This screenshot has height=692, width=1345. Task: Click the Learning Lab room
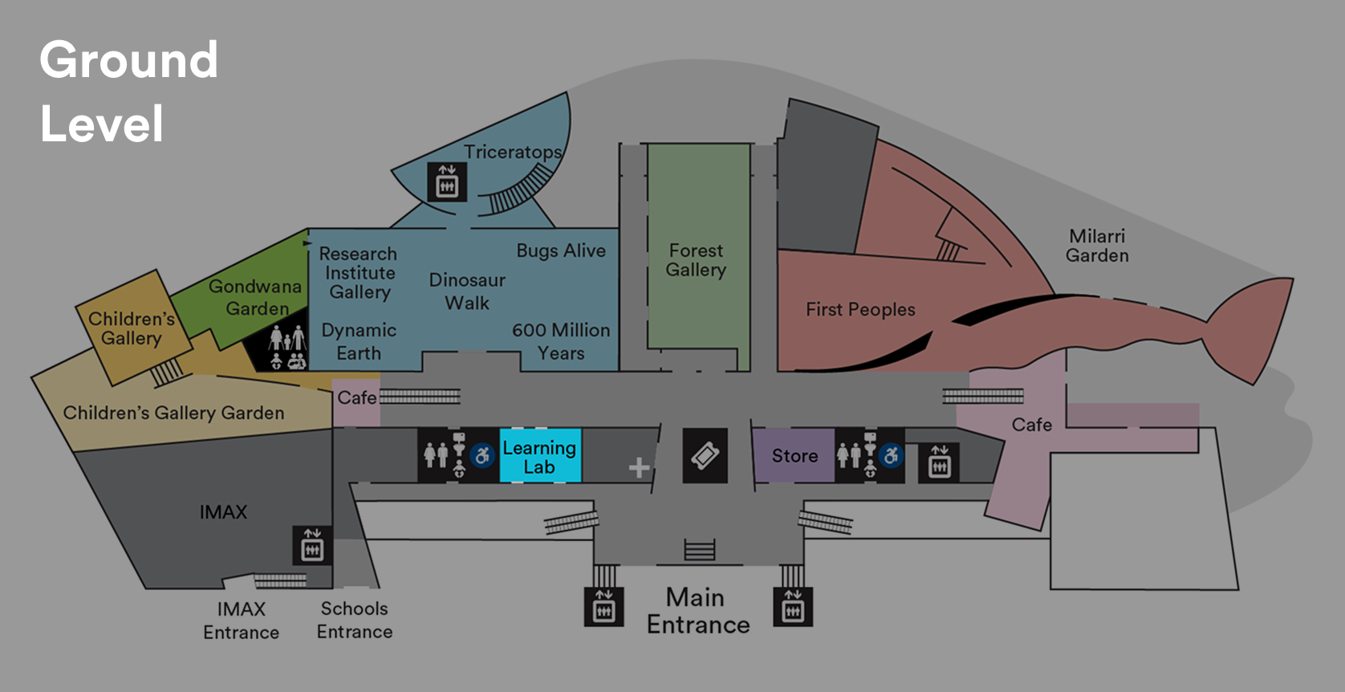(x=539, y=456)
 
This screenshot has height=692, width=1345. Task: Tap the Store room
(x=794, y=456)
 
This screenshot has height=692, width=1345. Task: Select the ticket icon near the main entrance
(x=705, y=456)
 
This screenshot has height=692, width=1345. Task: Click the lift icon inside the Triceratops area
(x=446, y=182)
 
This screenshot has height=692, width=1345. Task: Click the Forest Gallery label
(x=696, y=260)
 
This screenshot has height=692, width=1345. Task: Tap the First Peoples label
(x=860, y=309)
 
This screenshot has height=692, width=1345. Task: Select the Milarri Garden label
(x=1097, y=246)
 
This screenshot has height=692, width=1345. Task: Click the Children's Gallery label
(x=132, y=328)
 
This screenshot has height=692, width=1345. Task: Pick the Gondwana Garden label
(x=255, y=297)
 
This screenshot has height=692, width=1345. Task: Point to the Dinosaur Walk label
(x=467, y=291)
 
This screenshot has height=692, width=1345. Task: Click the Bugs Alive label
(x=561, y=250)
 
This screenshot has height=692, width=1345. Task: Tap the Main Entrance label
(x=697, y=611)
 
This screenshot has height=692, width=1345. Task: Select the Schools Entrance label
(x=354, y=620)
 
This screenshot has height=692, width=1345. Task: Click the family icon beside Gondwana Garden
(x=286, y=348)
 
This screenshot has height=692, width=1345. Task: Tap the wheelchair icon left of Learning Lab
(x=482, y=456)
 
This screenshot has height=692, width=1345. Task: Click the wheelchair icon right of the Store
(x=891, y=456)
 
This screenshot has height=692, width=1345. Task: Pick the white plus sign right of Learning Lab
(x=639, y=467)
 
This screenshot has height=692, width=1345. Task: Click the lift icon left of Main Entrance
(x=603, y=608)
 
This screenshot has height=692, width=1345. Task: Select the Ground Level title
(x=128, y=92)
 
